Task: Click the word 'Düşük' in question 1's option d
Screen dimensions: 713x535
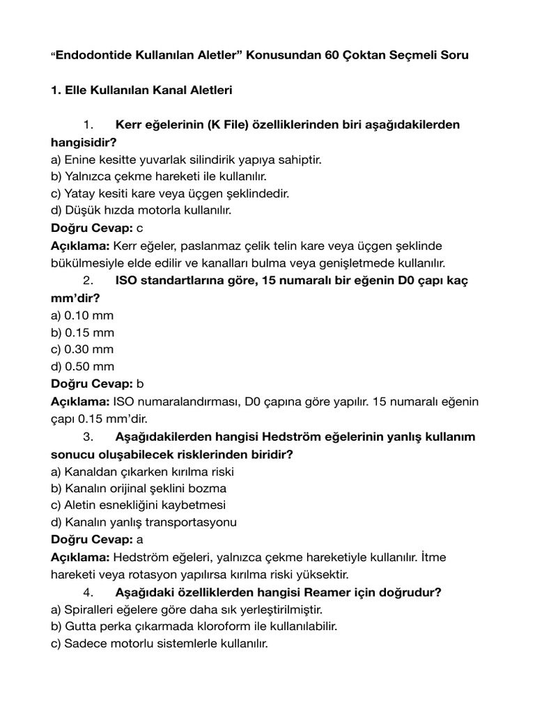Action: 82,210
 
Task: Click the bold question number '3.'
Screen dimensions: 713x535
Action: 88,437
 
